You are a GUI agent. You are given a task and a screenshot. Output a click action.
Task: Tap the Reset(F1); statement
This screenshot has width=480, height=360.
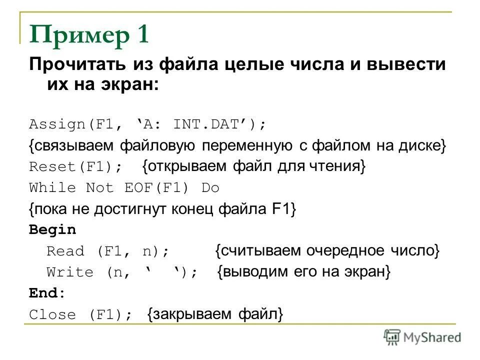tap(75, 167)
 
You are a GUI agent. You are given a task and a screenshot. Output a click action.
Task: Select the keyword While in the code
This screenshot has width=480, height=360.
tap(52, 188)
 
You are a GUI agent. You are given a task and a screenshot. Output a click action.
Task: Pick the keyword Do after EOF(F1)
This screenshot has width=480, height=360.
tap(210, 188)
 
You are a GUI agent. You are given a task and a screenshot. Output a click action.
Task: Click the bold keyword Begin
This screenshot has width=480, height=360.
tap(52, 230)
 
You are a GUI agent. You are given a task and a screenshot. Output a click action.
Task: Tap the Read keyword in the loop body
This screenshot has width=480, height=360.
tap(65, 251)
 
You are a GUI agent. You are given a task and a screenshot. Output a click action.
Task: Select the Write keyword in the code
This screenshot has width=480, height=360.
tap(70, 272)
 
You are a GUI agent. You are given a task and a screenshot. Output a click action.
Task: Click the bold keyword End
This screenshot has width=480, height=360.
tap(44, 293)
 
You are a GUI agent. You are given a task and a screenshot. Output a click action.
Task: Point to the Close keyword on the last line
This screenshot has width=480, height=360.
tap(52, 315)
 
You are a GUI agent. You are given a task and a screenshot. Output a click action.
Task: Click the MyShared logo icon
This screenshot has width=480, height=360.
tap(392, 337)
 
